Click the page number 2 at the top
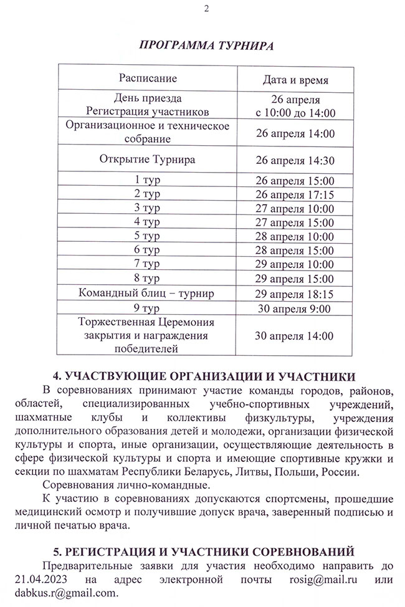[207, 8]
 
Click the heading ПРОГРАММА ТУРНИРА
[206, 45]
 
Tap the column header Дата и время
[295, 80]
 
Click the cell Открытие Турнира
[148, 159]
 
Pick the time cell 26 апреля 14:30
[295, 160]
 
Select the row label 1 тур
[148, 180]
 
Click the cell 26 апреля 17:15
[295, 194]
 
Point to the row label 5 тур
[148, 235]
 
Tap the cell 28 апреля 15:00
[295, 250]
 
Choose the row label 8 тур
[148, 277]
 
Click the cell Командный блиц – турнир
[148, 293]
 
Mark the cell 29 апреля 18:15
[295, 294]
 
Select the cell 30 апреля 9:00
[295, 308]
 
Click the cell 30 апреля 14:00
[295, 336]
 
